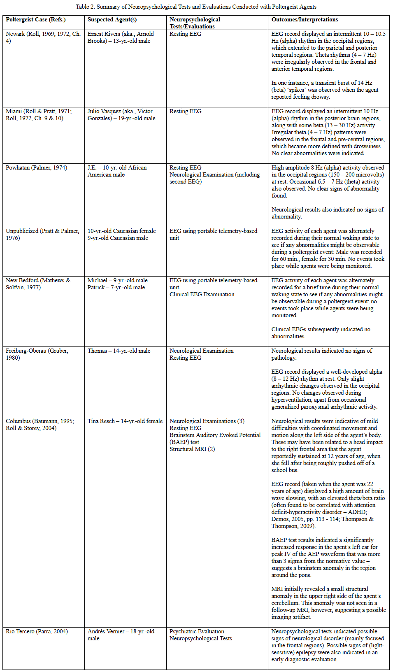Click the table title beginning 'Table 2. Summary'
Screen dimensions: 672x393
pos(196,7)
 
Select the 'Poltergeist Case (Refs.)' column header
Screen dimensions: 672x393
pos(35,20)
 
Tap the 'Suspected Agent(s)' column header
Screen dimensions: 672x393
pos(112,20)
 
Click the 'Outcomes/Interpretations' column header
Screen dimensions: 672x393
pos(305,20)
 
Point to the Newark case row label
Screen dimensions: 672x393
pos(43,37)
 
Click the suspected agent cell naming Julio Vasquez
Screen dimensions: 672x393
pos(121,115)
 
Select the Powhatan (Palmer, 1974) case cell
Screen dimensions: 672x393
pos(36,168)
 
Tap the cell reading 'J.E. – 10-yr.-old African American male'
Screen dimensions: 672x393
pos(117,171)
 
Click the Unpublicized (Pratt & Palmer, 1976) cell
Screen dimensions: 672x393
pos(42,235)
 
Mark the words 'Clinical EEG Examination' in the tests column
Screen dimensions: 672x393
pos(202,295)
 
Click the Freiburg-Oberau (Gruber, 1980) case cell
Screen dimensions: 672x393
pos(37,354)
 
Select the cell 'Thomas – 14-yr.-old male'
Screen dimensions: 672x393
pos(119,351)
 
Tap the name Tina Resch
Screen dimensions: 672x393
pos(101,421)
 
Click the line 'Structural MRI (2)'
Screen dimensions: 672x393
pos(192,449)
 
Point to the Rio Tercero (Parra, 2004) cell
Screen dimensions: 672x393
pos(37,632)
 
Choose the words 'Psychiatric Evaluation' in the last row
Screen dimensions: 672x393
pos(197,632)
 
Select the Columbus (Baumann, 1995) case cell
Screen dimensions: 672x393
pos(40,425)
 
